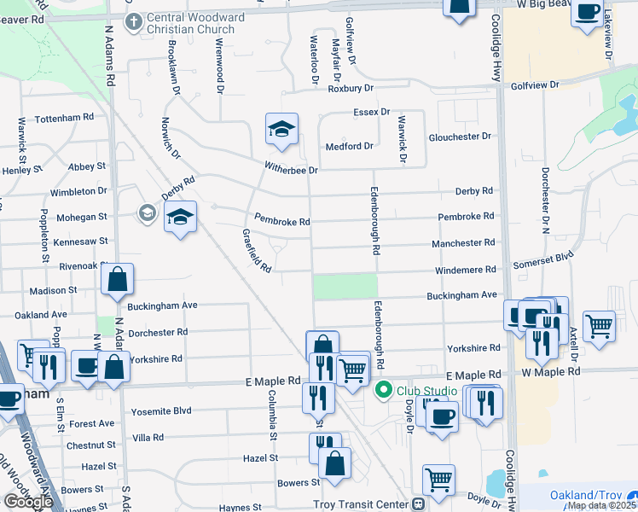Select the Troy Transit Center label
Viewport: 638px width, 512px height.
click(x=361, y=504)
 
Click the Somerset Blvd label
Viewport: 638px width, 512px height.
click(x=542, y=255)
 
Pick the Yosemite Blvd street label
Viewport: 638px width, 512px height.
click(x=161, y=411)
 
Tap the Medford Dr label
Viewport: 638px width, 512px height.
click(x=349, y=146)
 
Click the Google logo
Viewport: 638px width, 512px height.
click(x=27, y=502)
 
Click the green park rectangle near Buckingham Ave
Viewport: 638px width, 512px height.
click(x=345, y=286)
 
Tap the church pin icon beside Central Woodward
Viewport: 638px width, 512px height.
click(x=133, y=20)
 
